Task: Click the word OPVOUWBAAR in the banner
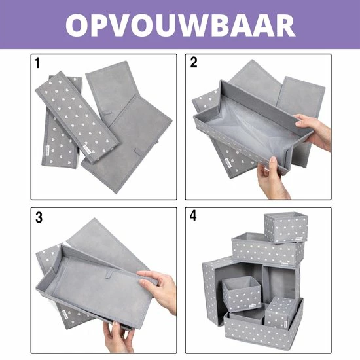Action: click(x=180, y=25)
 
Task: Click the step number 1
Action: click(x=37, y=63)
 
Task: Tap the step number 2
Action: click(x=194, y=62)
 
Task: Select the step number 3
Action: click(x=39, y=217)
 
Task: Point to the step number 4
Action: click(x=193, y=215)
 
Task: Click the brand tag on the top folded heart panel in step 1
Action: click(x=88, y=149)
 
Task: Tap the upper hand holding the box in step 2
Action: click(x=313, y=130)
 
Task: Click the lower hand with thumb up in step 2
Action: click(x=272, y=178)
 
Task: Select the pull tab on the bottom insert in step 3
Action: click(x=109, y=275)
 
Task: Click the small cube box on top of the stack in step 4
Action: click(x=286, y=227)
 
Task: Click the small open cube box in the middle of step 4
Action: click(x=242, y=293)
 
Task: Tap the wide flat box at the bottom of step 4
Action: click(x=264, y=329)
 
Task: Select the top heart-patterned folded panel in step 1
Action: click(x=77, y=117)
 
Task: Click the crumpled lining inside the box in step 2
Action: click(x=248, y=128)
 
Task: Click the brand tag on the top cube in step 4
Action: click(x=299, y=238)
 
